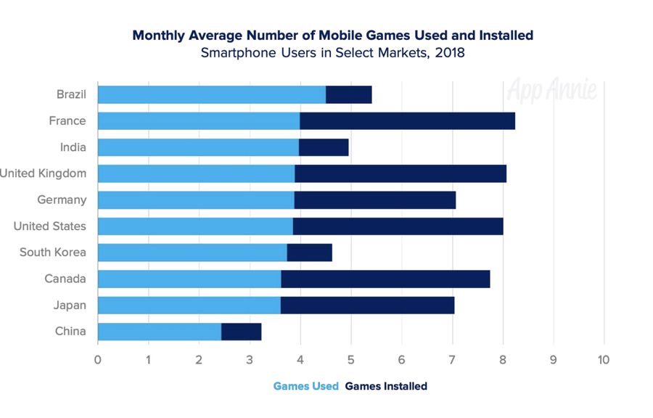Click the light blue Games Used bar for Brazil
(211, 94)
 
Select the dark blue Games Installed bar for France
(407, 120)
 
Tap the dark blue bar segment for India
(324, 147)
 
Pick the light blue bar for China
(159, 332)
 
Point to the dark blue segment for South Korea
(309, 253)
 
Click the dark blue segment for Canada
(385, 279)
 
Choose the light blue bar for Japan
(189, 305)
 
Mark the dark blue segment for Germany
(374, 200)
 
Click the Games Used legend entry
(305, 386)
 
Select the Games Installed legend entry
(386, 386)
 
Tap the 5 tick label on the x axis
(351, 359)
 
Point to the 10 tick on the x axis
(602, 359)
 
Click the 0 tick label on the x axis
(98, 359)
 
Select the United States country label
(49, 226)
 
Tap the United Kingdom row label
(44, 173)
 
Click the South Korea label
(52, 253)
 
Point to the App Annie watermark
(552, 90)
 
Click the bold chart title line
(333, 35)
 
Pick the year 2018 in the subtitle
(450, 53)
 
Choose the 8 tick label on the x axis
(503, 359)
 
